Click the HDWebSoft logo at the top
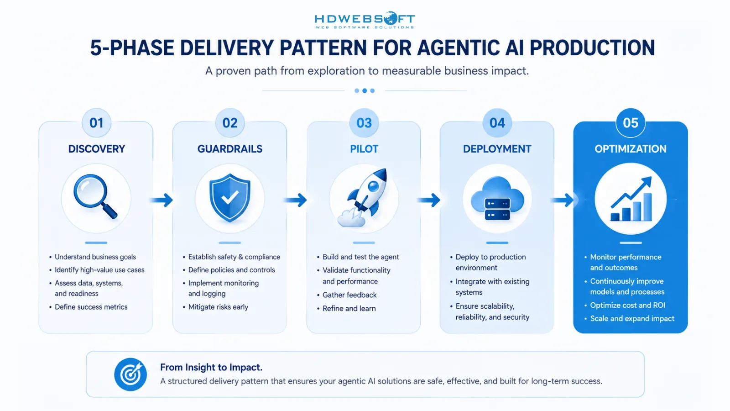[365, 20]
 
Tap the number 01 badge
[96, 123]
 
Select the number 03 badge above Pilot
[364, 123]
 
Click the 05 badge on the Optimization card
[631, 123]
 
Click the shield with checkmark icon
[230, 198]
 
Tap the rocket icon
[363, 198]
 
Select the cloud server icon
[497, 199]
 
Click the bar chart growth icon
[631, 199]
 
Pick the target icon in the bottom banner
[130, 374]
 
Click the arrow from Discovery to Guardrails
[162, 200]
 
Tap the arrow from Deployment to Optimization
[562, 200]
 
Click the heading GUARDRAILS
[230, 149]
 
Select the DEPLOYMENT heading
[497, 149]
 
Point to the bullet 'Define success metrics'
[91, 307]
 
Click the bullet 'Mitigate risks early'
[218, 307]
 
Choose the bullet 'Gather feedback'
[349, 295]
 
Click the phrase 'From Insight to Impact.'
[211, 367]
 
